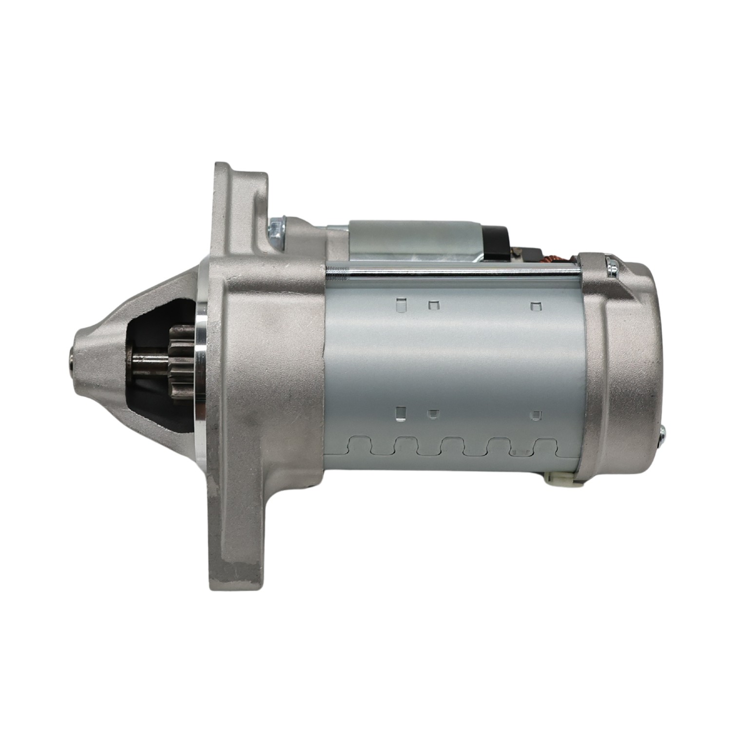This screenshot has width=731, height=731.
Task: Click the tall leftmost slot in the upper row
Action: tap(402, 305)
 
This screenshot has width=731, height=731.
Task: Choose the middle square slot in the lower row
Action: tap(432, 414)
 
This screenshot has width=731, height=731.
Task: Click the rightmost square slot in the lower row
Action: tap(537, 415)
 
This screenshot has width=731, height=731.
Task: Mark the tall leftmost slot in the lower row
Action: tap(401, 413)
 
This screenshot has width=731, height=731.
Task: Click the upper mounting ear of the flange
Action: tap(234, 195)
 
